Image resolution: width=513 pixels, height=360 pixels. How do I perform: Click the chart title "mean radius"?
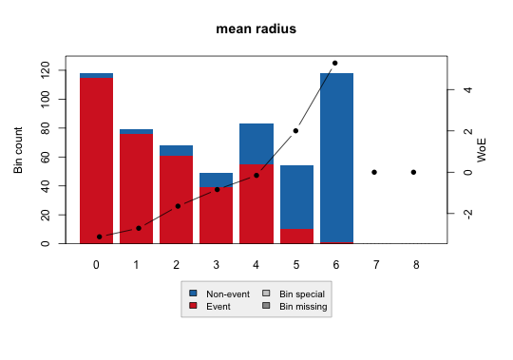coord(256,28)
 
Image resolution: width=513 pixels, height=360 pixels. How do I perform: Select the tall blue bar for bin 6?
coord(336,158)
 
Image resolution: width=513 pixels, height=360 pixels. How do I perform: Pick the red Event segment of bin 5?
coord(296,237)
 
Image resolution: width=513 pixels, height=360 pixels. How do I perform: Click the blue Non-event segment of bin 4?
coord(256,144)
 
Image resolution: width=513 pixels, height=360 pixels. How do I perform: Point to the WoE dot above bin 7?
coord(374,172)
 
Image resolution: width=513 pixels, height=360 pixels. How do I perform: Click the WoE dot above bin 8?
coord(414,172)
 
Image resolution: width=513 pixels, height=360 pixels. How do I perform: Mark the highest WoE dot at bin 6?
coord(335,63)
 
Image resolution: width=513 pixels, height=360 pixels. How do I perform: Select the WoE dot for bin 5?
coord(295,131)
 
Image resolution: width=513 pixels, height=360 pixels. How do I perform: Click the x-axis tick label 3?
coord(217,264)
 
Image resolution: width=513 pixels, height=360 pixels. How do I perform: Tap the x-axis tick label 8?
coord(414,264)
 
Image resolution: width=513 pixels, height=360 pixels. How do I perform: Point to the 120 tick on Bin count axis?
coord(46,70)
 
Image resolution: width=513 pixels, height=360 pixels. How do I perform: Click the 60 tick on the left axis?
coord(46,157)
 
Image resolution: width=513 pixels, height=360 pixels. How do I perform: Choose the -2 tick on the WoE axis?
coord(467,214)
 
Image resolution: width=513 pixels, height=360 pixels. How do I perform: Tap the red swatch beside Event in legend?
coord(193,307)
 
